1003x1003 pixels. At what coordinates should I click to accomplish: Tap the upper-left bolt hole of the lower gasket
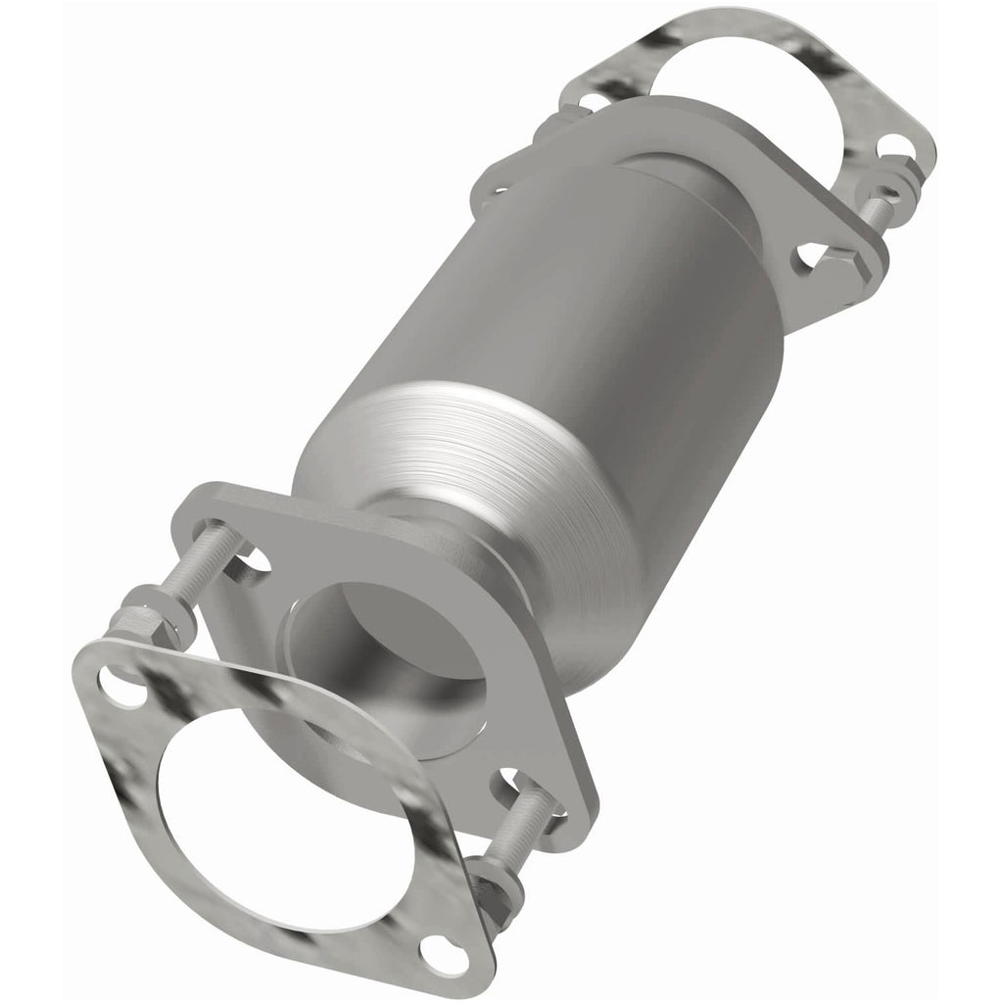point(116,675)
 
